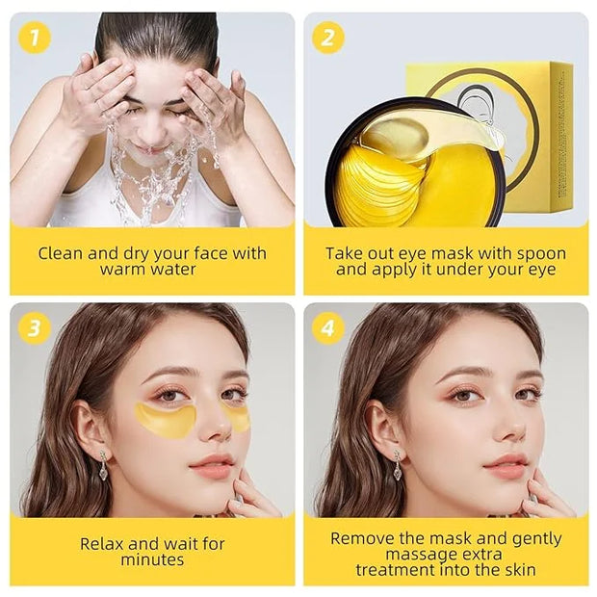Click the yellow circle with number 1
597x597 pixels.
click(35, 38)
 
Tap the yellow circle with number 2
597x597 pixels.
click(328, 38)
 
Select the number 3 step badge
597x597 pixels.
click(35, 328)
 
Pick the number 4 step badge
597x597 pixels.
click(328, 328)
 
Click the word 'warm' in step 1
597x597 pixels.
click(122, 270)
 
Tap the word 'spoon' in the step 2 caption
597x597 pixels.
click(539, 253)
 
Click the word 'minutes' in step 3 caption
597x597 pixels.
click(152, 560)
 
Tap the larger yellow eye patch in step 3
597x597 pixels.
click(166, 420)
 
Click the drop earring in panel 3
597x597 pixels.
click(103, 465)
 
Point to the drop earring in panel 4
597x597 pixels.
click(398, 465)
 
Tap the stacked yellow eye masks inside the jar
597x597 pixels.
click(380, 183)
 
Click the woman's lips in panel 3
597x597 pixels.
click(211, 466)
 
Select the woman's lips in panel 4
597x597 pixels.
click(506, 466)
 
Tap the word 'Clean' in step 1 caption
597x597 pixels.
click(61, 253)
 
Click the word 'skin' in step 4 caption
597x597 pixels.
click(521, 570)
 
